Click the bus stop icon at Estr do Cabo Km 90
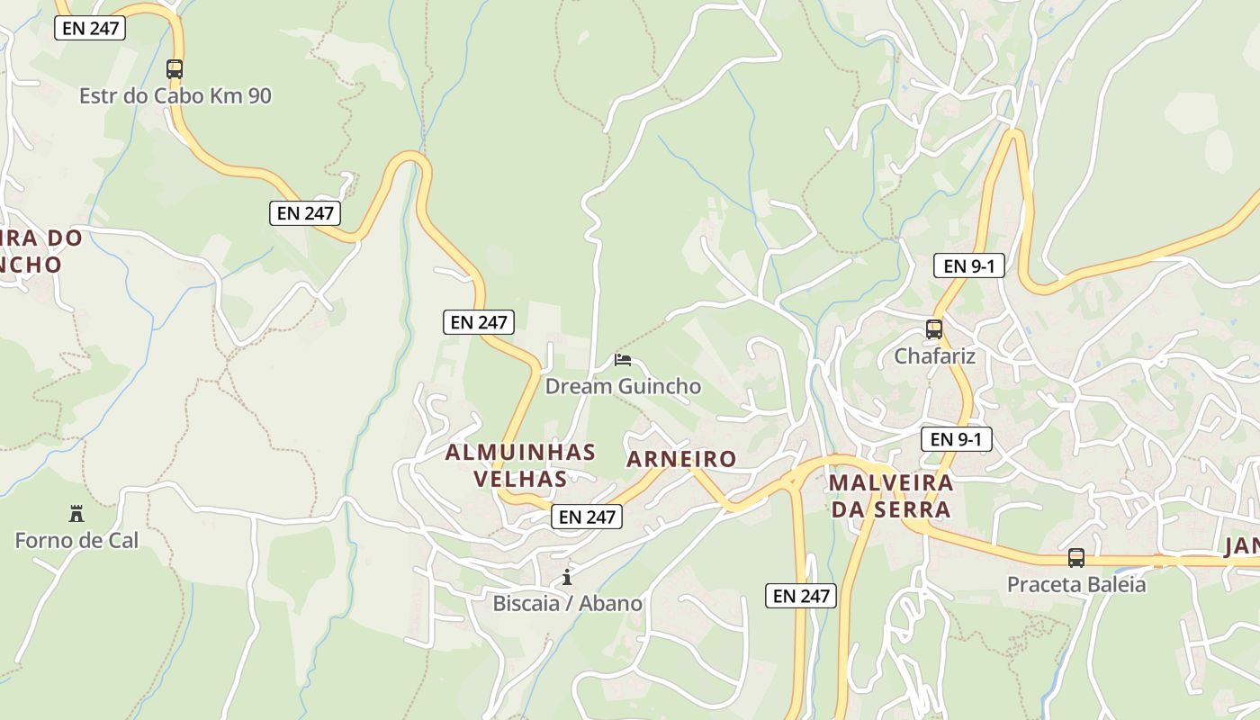coord(175,68)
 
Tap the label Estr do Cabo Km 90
coord(175,95)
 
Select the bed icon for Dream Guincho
coord(622,360)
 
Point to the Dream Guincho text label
coord(623,386)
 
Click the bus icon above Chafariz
coord(934,329)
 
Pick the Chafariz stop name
coord(934,356)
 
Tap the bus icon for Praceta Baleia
coord(1076,558)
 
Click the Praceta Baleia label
coord(1076,585)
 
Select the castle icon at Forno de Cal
coord(76,514)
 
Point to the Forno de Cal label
coord(76,541)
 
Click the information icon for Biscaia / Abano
coord(567,577)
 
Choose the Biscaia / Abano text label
coord(567,603)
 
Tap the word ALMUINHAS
coord(520,452)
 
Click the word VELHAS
coord(520,479)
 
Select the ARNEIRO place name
coord(681,459)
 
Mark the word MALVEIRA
coord(891,482)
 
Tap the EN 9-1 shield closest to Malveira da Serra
coord(957,439)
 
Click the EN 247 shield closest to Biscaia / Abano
coord(587,517)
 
